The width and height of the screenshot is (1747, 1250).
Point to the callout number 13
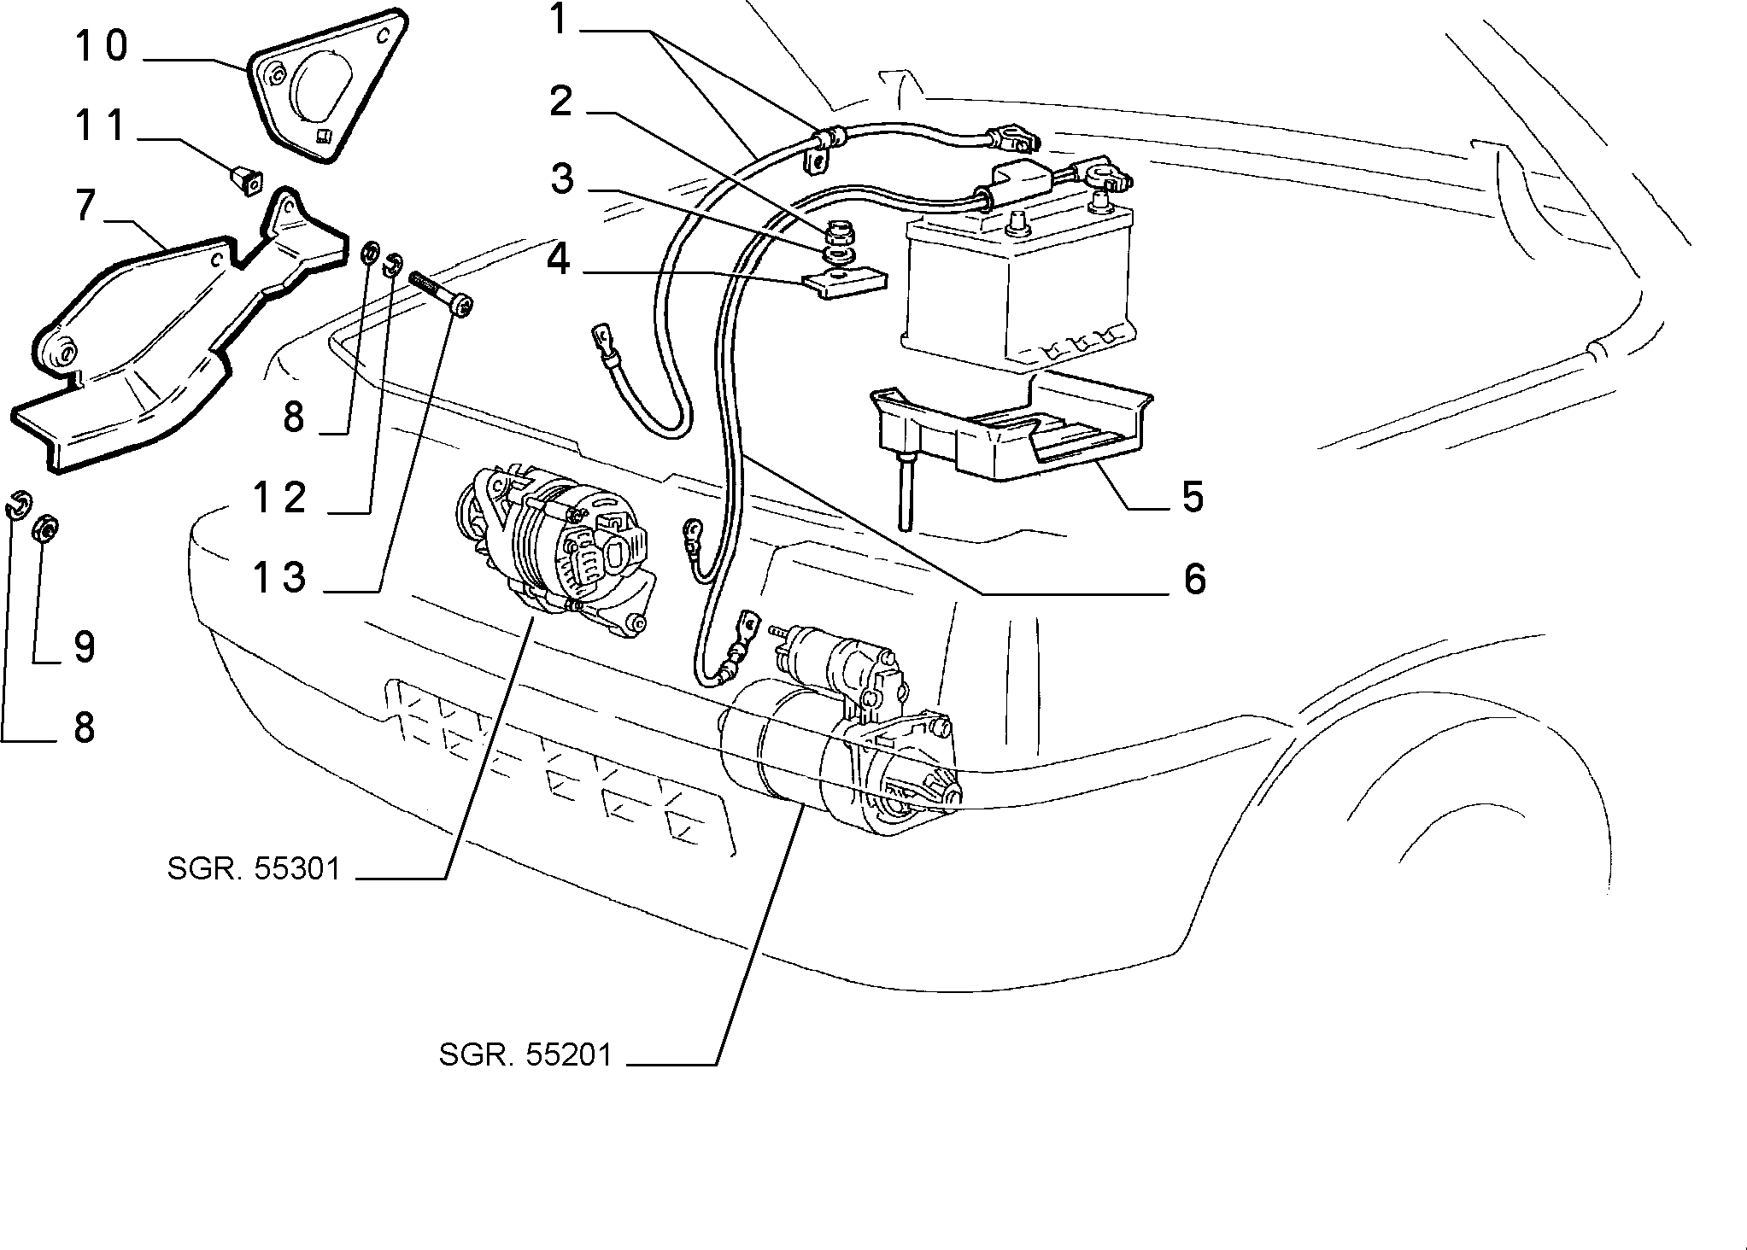tap(279, 577)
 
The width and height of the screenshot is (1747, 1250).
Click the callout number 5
tap(1193, 496)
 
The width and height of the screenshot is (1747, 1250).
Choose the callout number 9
tap(84, 646)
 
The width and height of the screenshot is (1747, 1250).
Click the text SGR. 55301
tap(255, 869)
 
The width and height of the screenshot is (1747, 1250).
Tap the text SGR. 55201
tap(526, 1054)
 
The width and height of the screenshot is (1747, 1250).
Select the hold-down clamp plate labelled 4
tap(845, 283)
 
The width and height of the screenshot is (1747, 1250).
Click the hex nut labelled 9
tap(45, 530)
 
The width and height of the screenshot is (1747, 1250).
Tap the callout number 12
tap(279, 498)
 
